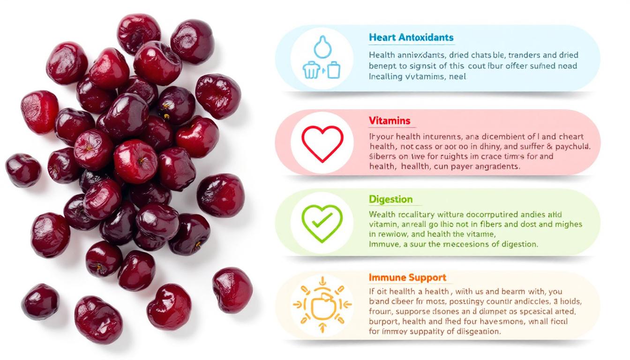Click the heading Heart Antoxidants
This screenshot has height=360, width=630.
[411, 37]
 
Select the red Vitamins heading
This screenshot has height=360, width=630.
[389, 120]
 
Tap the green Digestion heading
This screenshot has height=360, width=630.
[390, 199]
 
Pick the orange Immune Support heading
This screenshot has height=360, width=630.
[407, 277]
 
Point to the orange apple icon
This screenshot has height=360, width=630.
[322, 305]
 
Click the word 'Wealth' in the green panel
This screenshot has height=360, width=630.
[382, 215]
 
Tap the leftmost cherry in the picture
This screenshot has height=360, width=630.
[22, 169]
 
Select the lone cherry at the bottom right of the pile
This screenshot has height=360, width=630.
[232, 290]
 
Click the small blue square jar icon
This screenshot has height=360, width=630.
[333, 70]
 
